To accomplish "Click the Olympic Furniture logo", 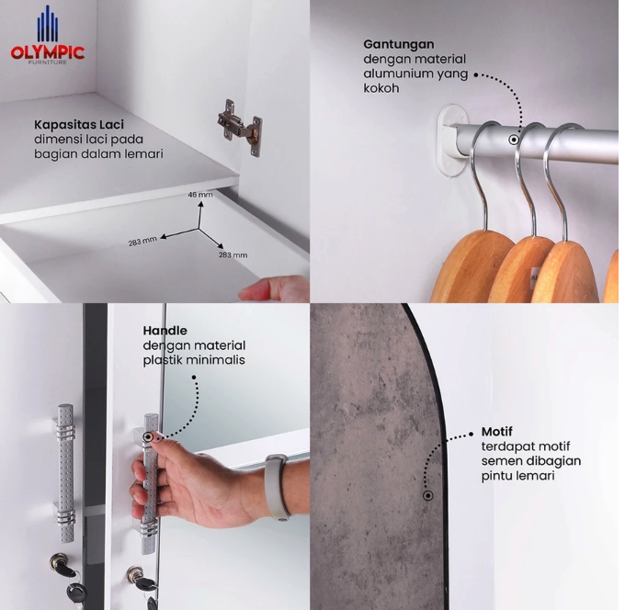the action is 48,35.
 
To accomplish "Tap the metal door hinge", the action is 240,128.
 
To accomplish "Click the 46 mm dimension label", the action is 200,195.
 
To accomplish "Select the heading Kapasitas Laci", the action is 79,124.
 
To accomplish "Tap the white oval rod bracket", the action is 453,139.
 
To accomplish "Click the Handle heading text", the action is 165,331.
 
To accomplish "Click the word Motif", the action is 496,432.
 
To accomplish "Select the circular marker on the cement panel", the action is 428,496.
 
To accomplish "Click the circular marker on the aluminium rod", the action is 514,140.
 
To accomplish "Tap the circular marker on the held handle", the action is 148,437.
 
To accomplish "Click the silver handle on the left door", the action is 65,473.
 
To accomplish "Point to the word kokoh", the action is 381,88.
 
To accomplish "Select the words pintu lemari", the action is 517,476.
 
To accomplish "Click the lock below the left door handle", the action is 61,563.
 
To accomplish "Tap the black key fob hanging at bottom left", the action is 75,593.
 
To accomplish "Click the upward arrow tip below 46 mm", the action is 200,202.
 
